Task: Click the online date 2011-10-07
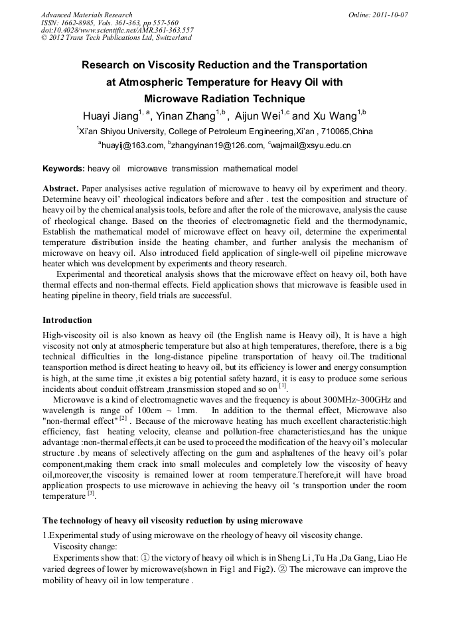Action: [388, 14]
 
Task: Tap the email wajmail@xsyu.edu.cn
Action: [310, 145]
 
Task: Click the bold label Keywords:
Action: [63, 169]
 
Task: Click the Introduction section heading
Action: [67, 319]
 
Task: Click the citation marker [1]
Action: [282, 386]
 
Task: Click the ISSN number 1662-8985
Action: [76, 22]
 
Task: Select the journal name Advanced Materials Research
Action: [86, 14]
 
